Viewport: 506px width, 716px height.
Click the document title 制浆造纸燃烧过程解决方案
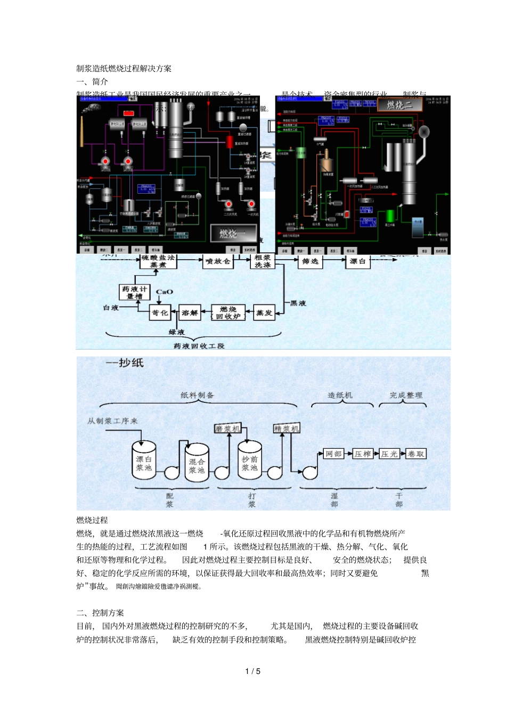point(124,69)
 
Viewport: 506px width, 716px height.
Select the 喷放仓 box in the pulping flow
point(218,261)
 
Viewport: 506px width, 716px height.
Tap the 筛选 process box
point(310,261)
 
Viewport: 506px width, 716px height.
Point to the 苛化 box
point(160,313)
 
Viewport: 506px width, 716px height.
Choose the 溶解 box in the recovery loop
point(190,313)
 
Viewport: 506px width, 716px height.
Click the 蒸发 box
point(264,313)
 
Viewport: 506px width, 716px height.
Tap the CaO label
point(165,292)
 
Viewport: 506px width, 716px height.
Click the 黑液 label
point(298,303)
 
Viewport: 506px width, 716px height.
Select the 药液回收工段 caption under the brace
point(199,346)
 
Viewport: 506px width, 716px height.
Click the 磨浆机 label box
point(228,429)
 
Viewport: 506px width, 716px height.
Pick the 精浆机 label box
point(287,429)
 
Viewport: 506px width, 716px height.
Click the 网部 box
point(333,454)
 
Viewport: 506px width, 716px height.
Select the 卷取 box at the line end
point(416,454)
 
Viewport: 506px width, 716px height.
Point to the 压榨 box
point(362,454)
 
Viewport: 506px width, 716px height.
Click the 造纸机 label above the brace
point(340,395)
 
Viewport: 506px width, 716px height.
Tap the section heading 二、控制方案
point(100,613)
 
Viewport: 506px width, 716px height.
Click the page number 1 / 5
point(252,671)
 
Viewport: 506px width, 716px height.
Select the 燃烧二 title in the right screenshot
point(399,105)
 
